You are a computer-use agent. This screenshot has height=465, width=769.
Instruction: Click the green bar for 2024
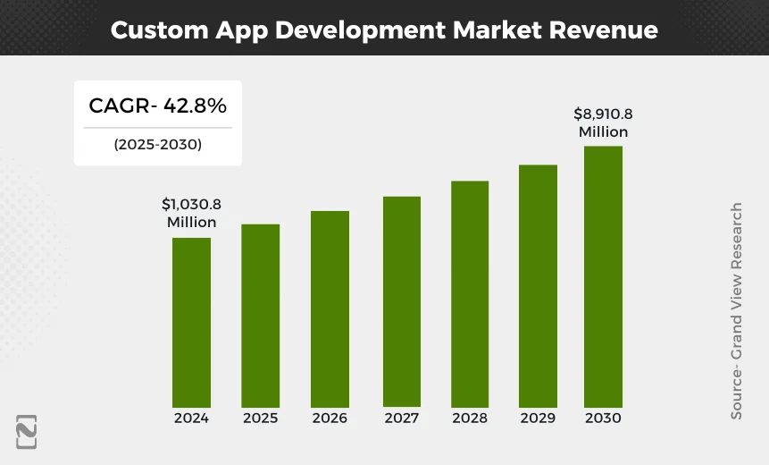[191, 322]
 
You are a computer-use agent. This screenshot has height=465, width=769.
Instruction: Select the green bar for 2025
[260, 315]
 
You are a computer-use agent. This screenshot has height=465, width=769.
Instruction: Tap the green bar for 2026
[330, 309]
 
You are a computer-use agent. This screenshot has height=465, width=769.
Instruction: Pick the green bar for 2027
[401, 301]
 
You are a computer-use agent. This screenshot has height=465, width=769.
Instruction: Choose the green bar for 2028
[470, 293]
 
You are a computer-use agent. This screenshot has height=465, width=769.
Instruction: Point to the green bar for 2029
[538, 285]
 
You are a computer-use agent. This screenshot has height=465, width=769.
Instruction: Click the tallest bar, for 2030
[603, 276]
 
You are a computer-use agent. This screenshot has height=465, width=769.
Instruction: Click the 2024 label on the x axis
[191, 418]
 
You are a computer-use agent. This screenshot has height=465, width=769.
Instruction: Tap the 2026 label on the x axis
[330, 418]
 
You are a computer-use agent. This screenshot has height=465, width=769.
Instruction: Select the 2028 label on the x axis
[470, 418]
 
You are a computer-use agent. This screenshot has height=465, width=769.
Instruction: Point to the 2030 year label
[603, 418]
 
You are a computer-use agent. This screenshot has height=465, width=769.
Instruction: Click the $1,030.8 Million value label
[192, 213]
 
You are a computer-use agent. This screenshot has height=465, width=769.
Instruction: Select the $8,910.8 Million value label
[603, 123]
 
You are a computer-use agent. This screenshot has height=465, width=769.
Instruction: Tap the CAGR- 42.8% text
[157, 106]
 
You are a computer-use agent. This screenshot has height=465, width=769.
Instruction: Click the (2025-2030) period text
[157, 144]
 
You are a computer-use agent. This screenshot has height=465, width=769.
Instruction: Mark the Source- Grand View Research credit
[737, 310]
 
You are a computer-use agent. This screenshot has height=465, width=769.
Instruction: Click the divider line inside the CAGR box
[157, 128]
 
